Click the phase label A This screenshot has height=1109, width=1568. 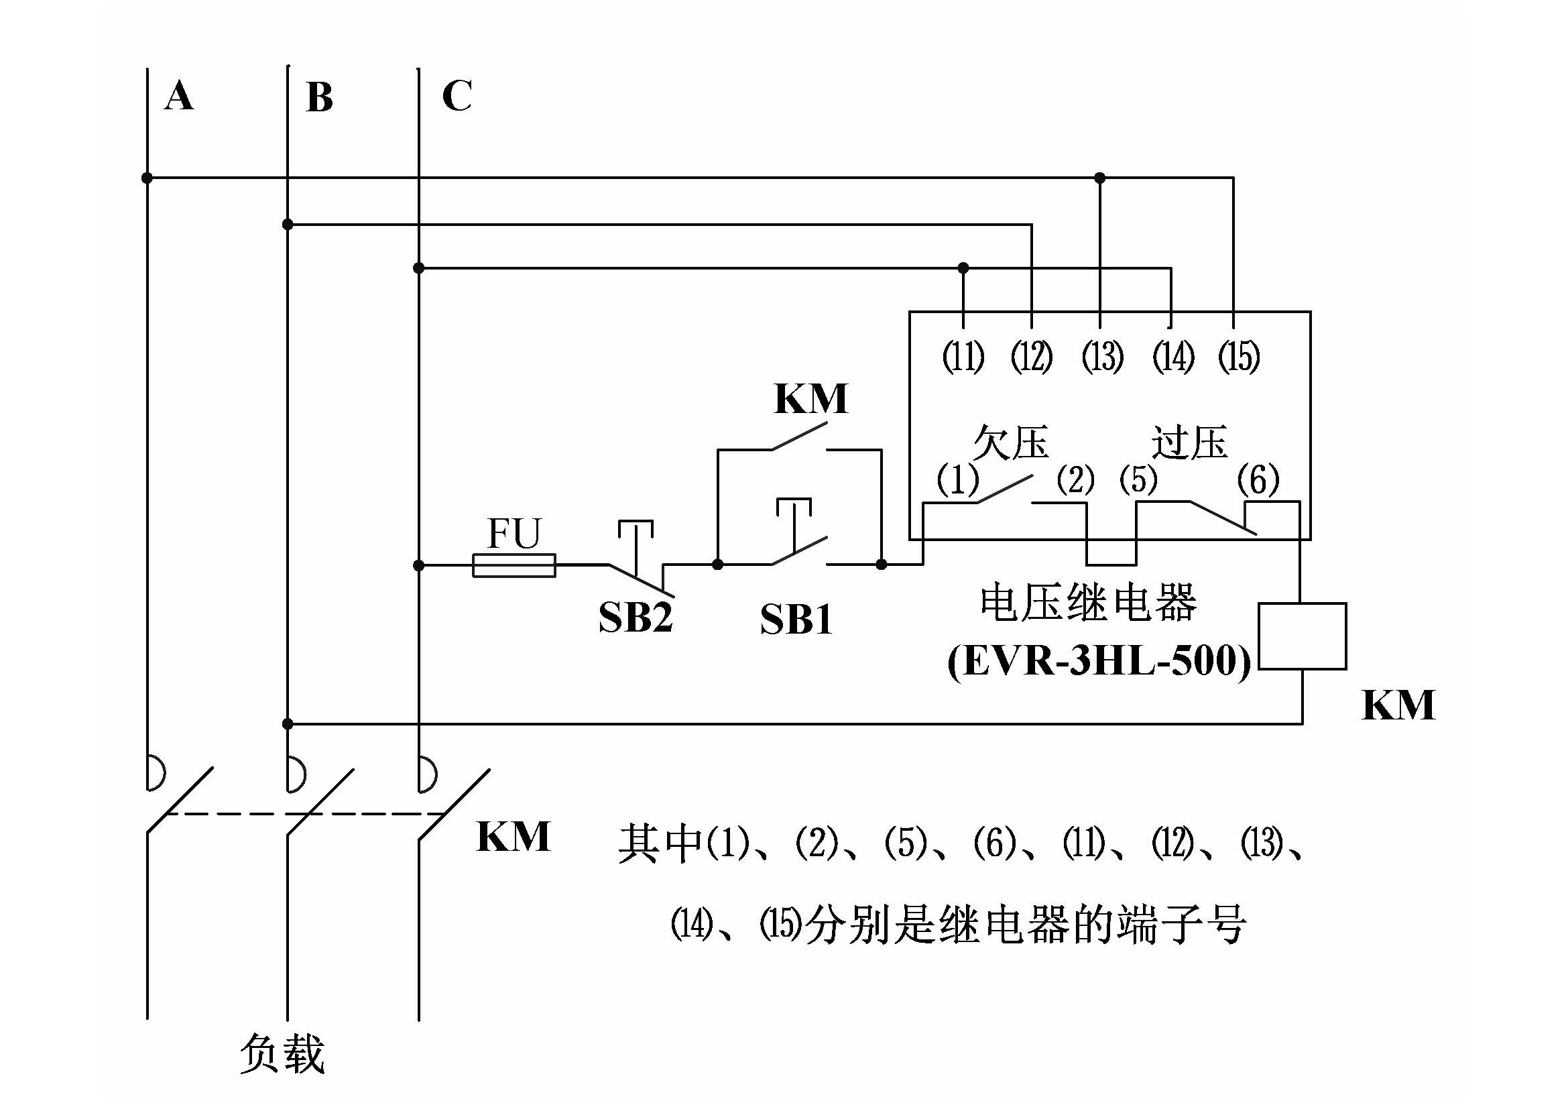179,95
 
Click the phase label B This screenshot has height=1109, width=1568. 319,97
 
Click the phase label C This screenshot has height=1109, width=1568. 457,95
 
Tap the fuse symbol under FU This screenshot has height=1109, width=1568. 514,565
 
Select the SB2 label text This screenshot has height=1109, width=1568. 635,618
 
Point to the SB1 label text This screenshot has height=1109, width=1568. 796,620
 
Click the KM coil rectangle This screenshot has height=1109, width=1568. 1303,636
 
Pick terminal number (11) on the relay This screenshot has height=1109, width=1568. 963,357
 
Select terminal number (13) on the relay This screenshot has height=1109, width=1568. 1102,357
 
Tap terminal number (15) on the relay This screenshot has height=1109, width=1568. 1239,357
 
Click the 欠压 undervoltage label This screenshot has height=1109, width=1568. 1011,443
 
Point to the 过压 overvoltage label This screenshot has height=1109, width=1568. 1190,443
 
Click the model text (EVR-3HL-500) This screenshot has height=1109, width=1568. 1099,661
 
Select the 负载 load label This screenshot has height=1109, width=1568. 282,1054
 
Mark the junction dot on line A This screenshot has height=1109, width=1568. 147,178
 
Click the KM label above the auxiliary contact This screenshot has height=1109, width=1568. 810,399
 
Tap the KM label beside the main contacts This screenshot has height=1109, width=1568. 514,837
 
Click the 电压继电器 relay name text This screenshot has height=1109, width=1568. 1088,602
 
